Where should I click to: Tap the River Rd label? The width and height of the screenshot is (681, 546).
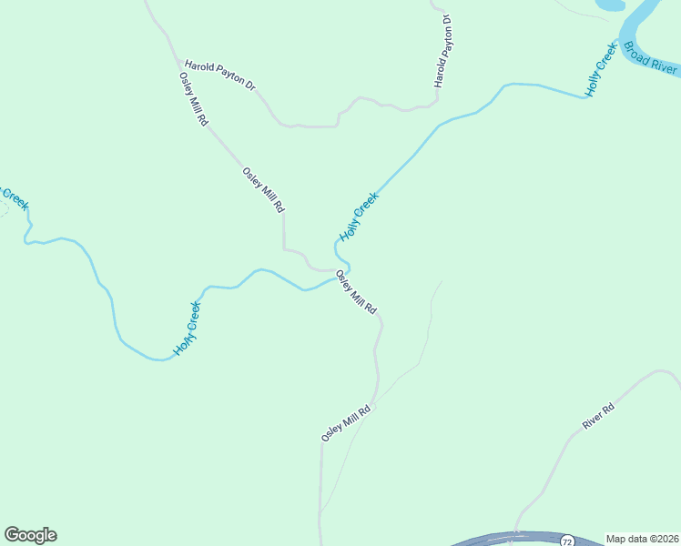point(599,416)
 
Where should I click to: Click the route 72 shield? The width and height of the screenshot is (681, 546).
point(568,540)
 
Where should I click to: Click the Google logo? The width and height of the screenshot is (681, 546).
point(30,535)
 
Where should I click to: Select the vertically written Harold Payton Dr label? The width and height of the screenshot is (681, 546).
point(443,50)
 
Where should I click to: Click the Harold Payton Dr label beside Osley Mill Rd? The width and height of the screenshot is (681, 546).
point(220,75)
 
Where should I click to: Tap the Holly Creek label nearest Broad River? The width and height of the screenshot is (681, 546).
point(602,70)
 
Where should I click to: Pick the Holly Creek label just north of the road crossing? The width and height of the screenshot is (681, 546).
point(358,217)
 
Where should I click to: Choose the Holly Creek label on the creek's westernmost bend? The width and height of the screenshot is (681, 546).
point(187,329)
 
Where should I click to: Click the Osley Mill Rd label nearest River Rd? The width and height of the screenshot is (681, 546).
point(347,423)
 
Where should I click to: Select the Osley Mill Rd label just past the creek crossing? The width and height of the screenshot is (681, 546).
point(356,292)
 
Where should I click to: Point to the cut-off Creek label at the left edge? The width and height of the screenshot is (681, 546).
point(13,197)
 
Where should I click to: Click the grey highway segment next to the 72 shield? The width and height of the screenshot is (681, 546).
point(510,539)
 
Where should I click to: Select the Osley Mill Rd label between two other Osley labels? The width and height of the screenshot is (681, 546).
point(264,189)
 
